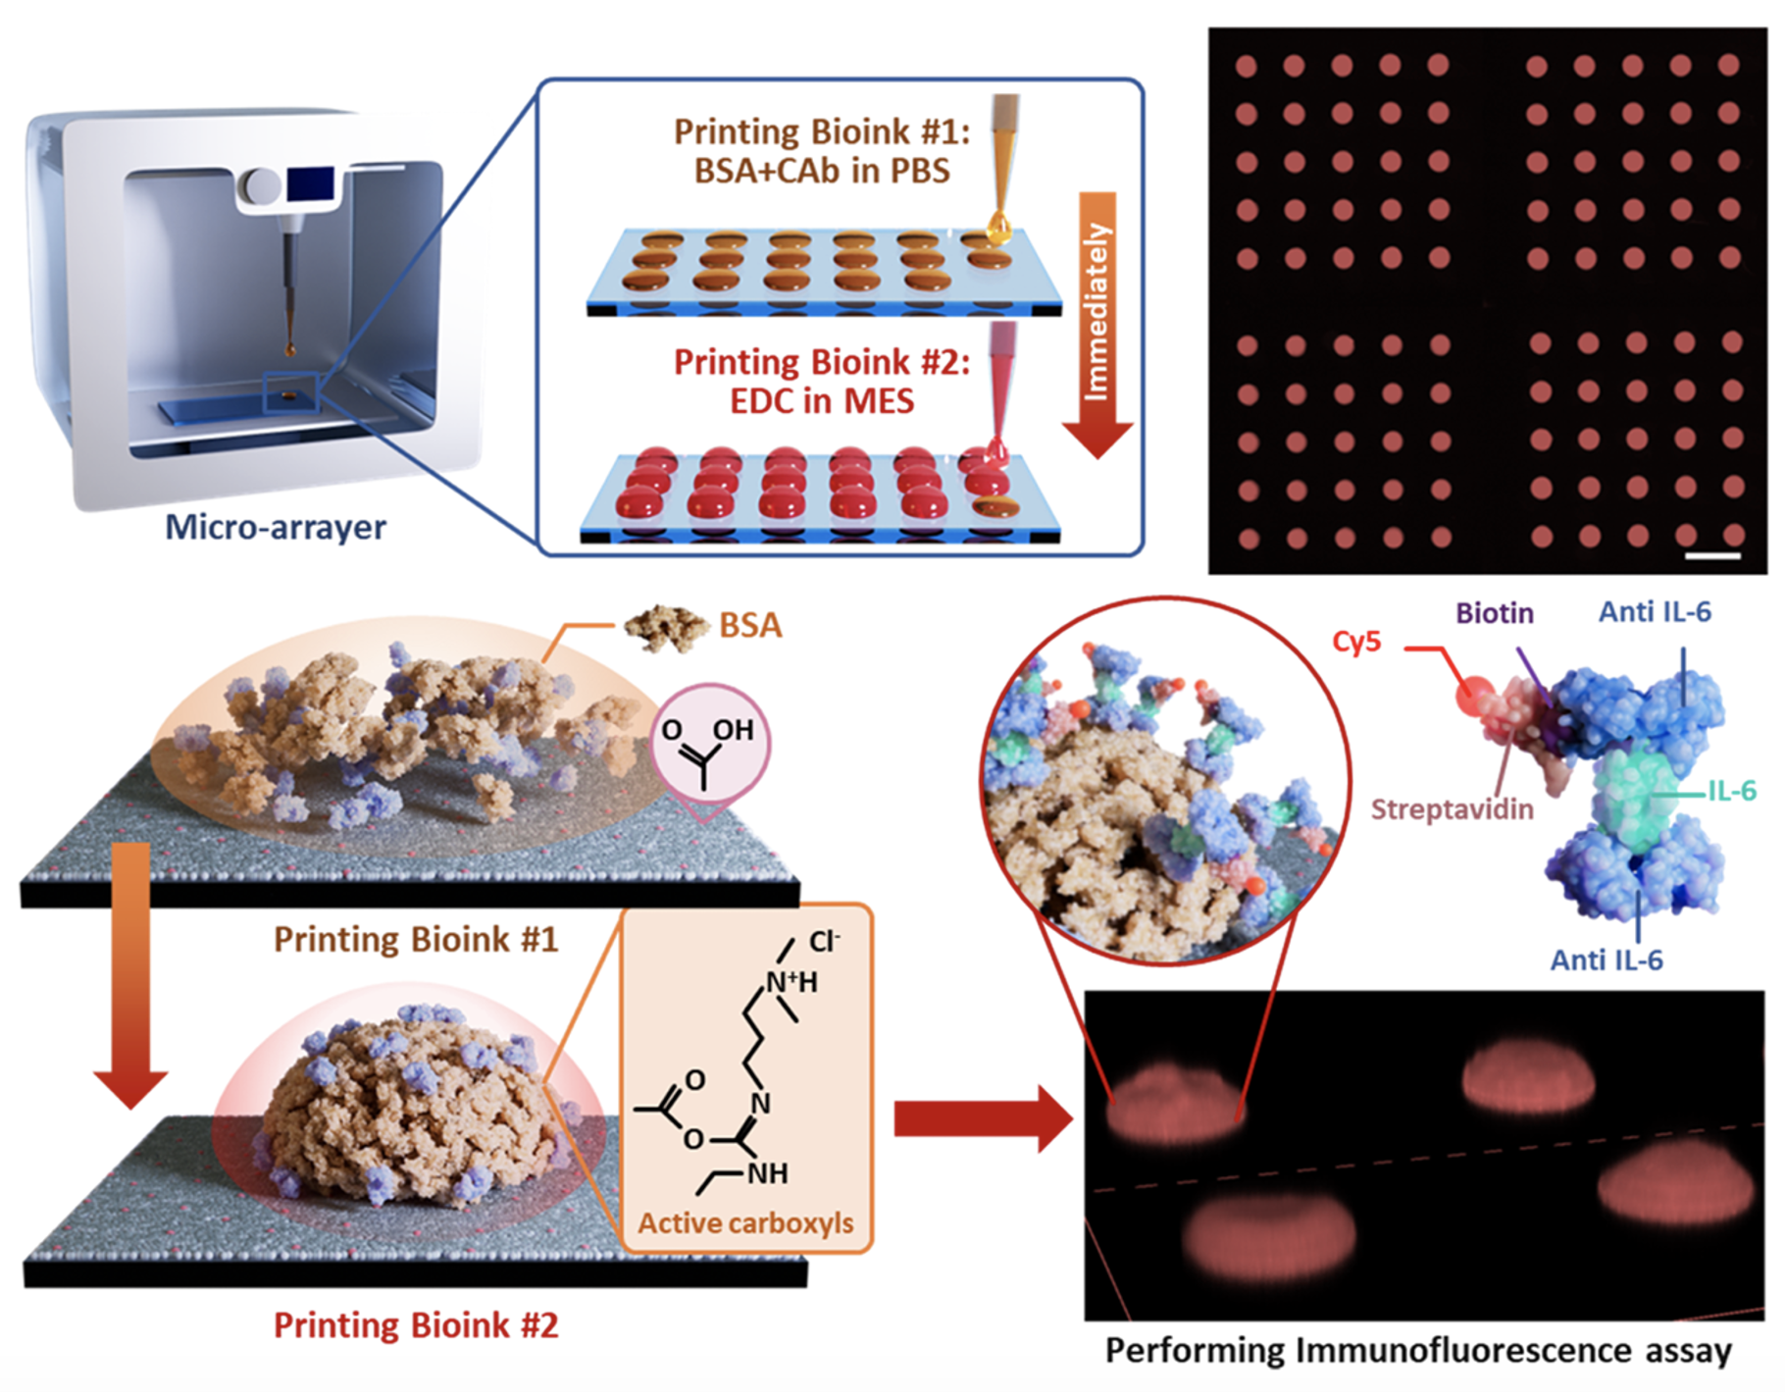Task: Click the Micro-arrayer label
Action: click(x=275, y=527)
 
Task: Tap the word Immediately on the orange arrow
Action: click(x=1096, y=312)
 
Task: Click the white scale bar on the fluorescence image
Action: click(x=1712, y=556)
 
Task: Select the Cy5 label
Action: click(x=1356, y=642)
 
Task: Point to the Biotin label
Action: click(x=1494, y=613)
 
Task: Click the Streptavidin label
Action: click(x=1452, y=809)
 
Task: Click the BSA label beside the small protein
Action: click(x=750, y=625)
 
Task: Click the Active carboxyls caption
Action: click(x=745, y=1223)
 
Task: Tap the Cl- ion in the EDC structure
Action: click(x=824, y=942)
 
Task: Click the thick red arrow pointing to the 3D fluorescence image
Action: click(x=981, y=1118)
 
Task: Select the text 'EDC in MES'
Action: click(x=822, y=401)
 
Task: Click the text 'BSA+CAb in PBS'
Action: click(x=822, y=171)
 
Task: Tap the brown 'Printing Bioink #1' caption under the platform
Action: click(x=415, y=939)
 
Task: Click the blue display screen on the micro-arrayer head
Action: click(x=310, y=184)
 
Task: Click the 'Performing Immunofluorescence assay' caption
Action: click(x=1418, y=1351)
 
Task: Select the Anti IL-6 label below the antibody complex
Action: click(x=1606, y=959)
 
